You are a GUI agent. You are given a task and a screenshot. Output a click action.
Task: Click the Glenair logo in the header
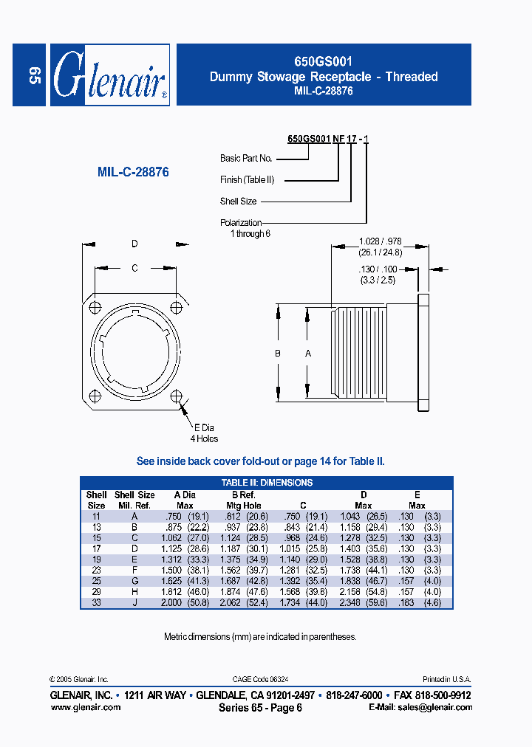(x=109, y=75)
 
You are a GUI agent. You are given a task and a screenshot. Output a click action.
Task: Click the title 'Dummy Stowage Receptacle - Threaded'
(x=324, y=77)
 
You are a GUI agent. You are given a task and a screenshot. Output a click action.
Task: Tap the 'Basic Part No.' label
(x=246, y=159)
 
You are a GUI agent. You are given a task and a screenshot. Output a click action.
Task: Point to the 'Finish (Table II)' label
(x=247, y=179)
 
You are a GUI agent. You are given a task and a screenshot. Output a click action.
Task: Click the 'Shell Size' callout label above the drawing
(x=238, y=201)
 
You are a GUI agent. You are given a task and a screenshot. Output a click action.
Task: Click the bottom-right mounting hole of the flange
(x=176, y=396)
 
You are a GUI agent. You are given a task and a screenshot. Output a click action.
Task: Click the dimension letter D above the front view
(x=134, y=244)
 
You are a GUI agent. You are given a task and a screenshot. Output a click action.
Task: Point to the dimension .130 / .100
(x=379, y=275)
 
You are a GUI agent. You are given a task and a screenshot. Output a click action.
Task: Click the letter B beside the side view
(x=278, y=354)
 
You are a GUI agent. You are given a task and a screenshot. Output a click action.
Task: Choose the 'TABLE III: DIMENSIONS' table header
(x=267, y=483)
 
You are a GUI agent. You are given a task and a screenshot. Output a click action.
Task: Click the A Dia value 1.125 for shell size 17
(x=180, y=549)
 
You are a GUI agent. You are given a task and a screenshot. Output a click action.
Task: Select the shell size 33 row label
(x=96, y=602)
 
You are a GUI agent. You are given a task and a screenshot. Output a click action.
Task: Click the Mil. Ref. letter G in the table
(x=134, y=581)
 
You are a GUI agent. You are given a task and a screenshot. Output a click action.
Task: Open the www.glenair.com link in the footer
(x=85, y=707)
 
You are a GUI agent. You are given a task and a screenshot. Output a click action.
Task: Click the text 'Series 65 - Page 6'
(x=260, y=708)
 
